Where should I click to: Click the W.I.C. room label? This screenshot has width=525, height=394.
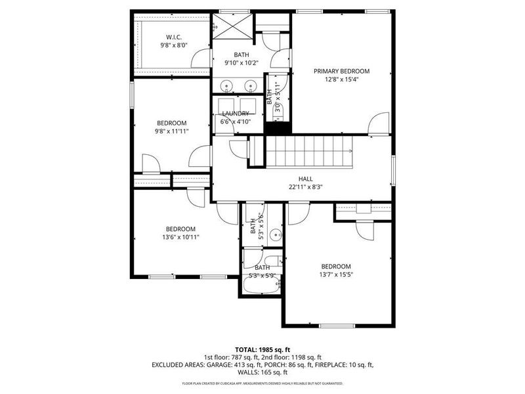tap(174, 37)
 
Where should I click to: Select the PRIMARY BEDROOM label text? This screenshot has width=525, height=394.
tap(341, 71)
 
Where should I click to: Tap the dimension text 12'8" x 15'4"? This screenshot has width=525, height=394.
tap(341, 79)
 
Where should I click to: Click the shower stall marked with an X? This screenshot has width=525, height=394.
tap(230, 27)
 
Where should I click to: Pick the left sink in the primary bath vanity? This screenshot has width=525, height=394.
tap(226, 85)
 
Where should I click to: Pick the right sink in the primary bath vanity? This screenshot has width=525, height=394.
tap(249, 85)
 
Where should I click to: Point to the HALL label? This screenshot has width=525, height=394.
tap(305, 179)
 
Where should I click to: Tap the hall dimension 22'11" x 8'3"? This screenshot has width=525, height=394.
tap(305, 187)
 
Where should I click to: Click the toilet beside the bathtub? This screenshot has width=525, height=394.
tap(278, 262)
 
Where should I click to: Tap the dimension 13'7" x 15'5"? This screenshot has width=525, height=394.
tap(335, 274)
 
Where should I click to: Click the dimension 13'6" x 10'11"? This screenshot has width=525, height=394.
tap(180, 237)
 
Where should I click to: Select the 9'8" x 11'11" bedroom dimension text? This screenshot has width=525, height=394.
tap(172, 131)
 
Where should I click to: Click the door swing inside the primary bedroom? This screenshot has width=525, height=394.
tap(377, 123)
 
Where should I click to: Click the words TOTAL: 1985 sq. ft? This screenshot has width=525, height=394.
tap(262, 349)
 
